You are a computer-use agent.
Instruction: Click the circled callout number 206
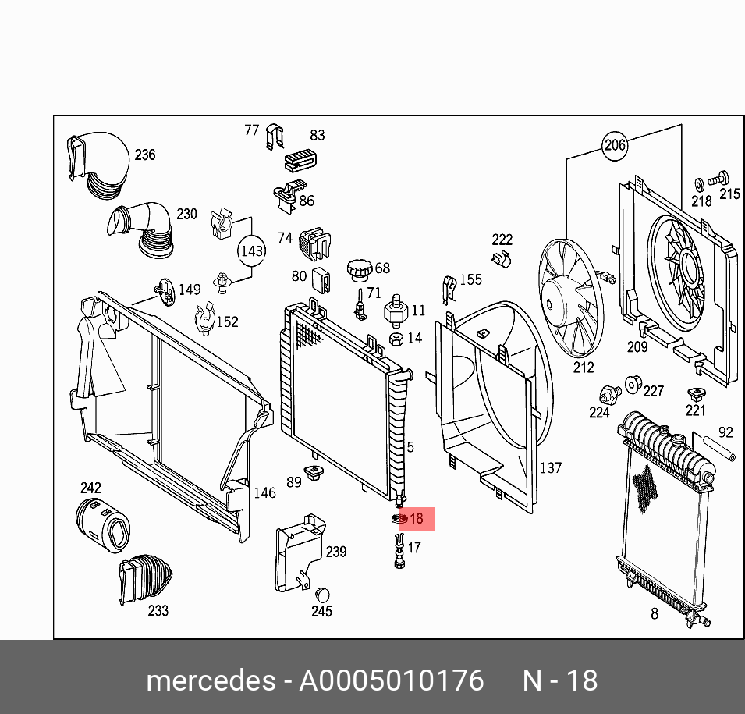click(x=615, y=144)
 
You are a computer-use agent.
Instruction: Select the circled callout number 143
click(x=251, y=251)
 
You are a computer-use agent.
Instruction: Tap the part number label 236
click(x=145, y=155)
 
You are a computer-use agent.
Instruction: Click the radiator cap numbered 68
click(x=360, y=268)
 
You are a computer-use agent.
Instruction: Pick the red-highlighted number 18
click(x=416, y=518)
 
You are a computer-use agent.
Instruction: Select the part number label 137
click(x=551, y=468)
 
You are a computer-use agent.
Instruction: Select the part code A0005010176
click(x=392, y=681)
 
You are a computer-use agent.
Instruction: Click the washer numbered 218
click(x=699, y=184)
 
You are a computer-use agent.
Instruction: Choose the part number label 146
click(x=264, y=492)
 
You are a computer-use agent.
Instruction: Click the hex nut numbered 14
click(x=396, y=339)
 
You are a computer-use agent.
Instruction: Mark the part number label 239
click(x=335, y=552)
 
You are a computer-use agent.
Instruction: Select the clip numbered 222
click(x=502, y=257)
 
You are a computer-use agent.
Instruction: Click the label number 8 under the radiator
click(x=655, y=614)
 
